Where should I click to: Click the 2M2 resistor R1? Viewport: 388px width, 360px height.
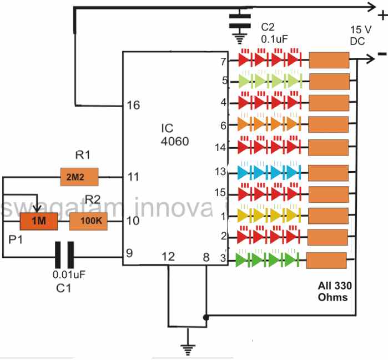tap(79, 177)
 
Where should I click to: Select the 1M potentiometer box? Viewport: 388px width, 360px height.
tap(39, 222)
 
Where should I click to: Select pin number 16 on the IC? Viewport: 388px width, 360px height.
tap(133, 105)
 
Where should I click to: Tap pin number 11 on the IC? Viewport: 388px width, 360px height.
tap(133, 177)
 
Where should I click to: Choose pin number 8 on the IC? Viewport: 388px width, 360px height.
tap(206, 256)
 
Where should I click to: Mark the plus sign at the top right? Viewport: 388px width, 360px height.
tap(382, 17)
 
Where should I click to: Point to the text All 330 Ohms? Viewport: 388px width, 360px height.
tap(332, 292)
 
